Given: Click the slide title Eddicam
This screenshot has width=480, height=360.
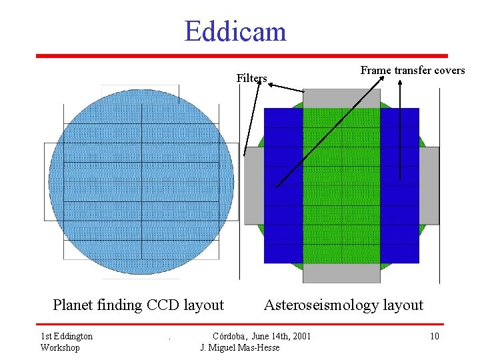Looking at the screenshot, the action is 235,31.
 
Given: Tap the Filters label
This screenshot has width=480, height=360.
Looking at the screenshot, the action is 251,79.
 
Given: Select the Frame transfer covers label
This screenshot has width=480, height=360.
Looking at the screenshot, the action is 413,70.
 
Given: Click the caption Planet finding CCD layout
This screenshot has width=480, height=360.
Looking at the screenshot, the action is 138,305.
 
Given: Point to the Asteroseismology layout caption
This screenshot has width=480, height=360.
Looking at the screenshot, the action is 343,305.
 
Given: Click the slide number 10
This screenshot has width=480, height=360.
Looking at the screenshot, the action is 434,336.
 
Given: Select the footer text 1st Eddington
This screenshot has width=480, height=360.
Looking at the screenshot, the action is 67,336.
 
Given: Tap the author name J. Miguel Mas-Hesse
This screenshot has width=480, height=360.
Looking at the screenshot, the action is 240,348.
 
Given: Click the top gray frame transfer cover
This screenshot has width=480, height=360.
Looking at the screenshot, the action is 341,98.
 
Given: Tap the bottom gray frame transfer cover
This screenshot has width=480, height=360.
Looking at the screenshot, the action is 341,273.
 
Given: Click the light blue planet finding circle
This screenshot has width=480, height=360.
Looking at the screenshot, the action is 141,181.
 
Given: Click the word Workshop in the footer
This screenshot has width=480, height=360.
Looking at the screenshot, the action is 60,348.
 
